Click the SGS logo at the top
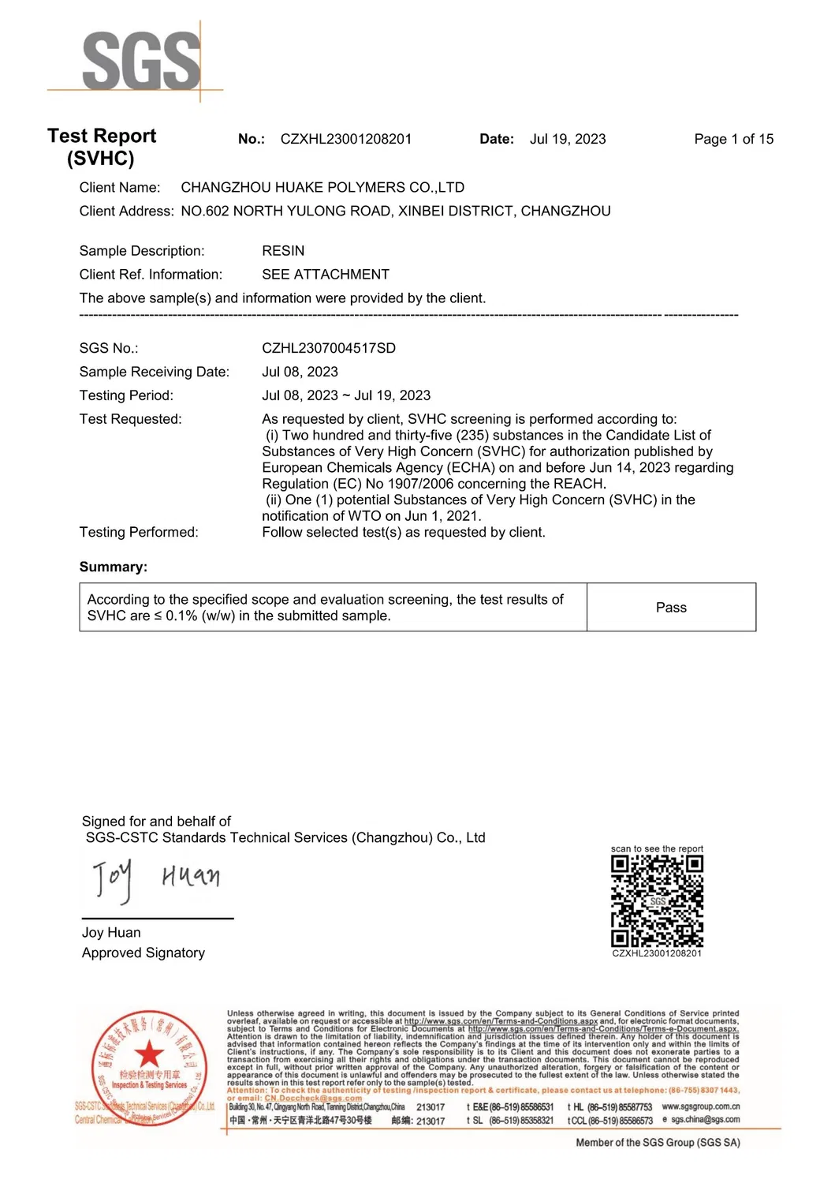(140, 61)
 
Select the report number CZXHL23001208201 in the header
(345, 139)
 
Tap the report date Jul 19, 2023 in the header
(568, 139)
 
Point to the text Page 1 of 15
(733, 139)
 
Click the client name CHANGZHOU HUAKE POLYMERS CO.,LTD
(322, 188)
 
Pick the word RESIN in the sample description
(283, 251)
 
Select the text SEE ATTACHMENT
(326, 275)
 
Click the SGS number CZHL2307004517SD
(329, 348)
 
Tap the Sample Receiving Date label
(155, 372)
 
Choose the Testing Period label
(126, 395)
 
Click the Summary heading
(114, 567)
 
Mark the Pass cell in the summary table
(671, 608)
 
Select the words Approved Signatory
(144, 953)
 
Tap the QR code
(657, 901)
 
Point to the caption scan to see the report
(657, 849)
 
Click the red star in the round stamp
(148, 1054)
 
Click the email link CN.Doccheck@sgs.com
(313, 1098)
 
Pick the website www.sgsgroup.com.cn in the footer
(700, 1106)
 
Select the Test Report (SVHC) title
(102, 147)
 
